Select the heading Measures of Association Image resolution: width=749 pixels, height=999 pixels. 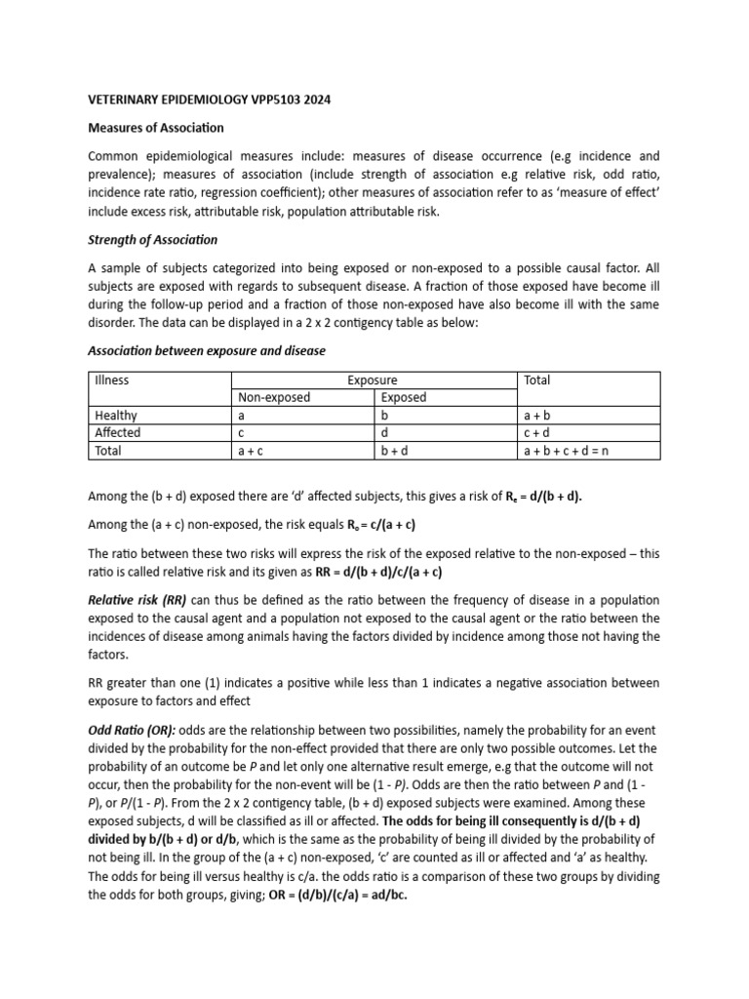pos(156,128)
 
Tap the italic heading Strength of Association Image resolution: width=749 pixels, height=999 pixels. pos(153,240)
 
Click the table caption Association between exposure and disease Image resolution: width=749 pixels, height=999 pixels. pos(207,351)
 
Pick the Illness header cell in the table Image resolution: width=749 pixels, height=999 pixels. pos(112,380)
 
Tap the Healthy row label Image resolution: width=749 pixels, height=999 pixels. pos(116,416)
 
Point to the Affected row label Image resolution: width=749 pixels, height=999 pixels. pos(117,433)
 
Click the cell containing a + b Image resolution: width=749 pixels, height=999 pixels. pos(538,416)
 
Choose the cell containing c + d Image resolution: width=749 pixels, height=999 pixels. pos(538,433)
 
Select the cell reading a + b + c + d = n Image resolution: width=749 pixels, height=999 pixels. pos(567,451)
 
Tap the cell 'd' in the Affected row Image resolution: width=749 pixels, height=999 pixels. pos(384,433)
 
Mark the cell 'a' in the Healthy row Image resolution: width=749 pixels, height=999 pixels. pos(242,416)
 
